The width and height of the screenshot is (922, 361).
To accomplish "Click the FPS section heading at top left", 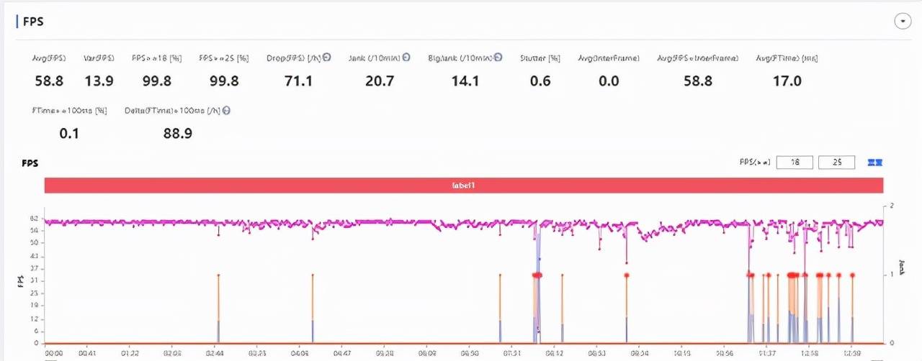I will [33, 22].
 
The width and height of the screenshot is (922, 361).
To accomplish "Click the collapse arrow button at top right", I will [902, 22].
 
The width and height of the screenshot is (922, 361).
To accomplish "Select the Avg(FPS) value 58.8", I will [50, 81].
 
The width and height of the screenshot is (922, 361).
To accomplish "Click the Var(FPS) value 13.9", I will [99, 81].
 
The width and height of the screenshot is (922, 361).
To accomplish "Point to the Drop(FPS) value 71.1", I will [298, 81].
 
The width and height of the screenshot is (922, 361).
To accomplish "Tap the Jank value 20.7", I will [380, 81].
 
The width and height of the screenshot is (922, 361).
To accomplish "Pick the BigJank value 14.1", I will [464, 81].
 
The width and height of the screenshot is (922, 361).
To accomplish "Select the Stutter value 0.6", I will [540, 81].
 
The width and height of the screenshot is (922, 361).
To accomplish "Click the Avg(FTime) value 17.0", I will [787, 81].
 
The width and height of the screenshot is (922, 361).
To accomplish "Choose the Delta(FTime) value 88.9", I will [178, 133].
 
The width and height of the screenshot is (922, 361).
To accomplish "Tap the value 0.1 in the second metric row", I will [69, 133].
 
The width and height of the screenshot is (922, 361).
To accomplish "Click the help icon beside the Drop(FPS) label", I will [327, 58].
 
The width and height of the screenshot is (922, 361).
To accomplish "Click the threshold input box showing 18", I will [795, 163].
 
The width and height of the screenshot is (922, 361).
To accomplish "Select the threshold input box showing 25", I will [836, 163].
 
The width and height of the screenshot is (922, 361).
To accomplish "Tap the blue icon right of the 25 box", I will [875, 163].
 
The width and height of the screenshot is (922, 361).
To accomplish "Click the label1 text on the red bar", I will [464, 186].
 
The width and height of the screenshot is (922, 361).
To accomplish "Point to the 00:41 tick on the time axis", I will [88, 354].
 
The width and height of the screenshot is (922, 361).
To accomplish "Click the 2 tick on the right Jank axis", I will [892, 206].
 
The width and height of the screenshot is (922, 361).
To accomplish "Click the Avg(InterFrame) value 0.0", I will [609, 81].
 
